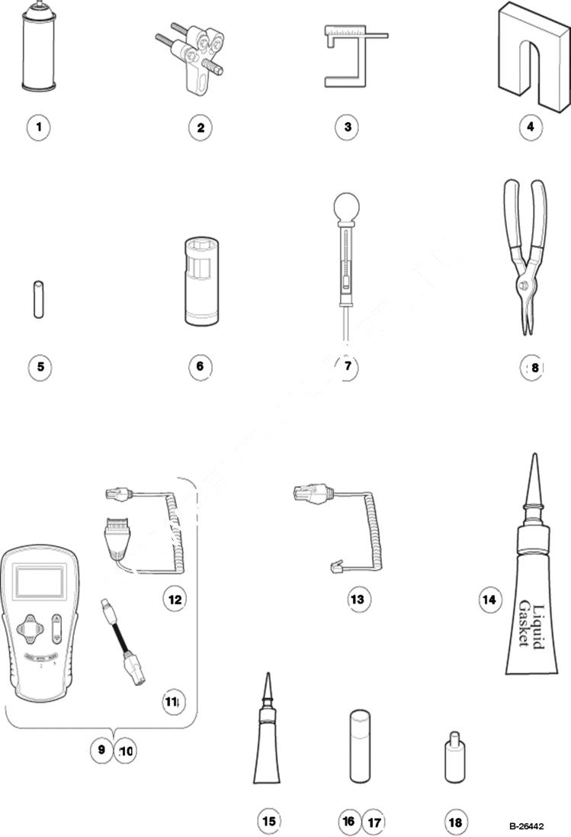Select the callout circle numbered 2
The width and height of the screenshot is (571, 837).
tap(200, 127)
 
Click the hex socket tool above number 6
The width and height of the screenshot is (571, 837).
tap(200, 282)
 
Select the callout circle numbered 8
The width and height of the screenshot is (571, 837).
tap(534, 368)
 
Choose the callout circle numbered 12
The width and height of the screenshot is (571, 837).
tap(175, 599)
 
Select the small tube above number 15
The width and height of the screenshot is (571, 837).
tap(267, 744)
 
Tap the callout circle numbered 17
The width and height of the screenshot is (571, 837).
tap(374, 822)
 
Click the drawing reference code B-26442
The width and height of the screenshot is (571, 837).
tap(527, 826)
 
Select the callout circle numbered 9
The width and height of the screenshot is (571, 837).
tap(101, 750)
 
